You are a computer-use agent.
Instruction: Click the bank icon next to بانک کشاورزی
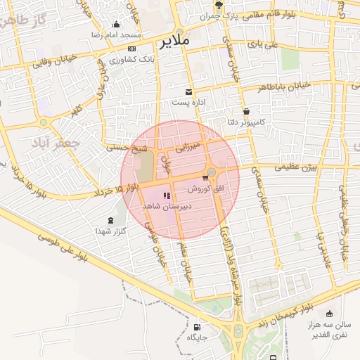132,49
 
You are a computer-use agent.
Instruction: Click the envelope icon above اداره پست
188,91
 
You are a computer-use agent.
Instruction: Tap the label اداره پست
188,103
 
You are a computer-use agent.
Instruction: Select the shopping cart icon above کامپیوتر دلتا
246,111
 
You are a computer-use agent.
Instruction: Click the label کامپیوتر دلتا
245,122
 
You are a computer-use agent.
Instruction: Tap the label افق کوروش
206,190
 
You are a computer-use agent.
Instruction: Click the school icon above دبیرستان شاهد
166,196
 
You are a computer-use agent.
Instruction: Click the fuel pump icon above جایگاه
196,327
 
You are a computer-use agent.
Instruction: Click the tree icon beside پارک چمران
219,4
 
